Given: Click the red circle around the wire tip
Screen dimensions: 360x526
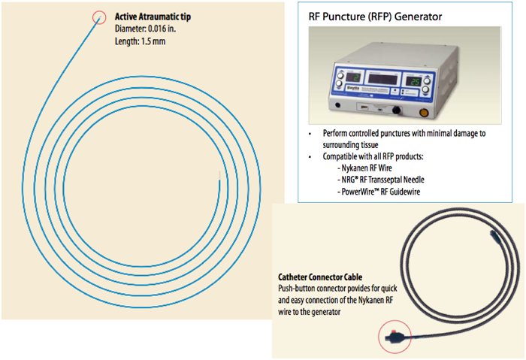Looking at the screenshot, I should pyautogui.click(x=99, y=17).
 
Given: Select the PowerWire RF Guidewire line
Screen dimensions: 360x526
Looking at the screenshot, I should pyautogui.click(x=379, y=193).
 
